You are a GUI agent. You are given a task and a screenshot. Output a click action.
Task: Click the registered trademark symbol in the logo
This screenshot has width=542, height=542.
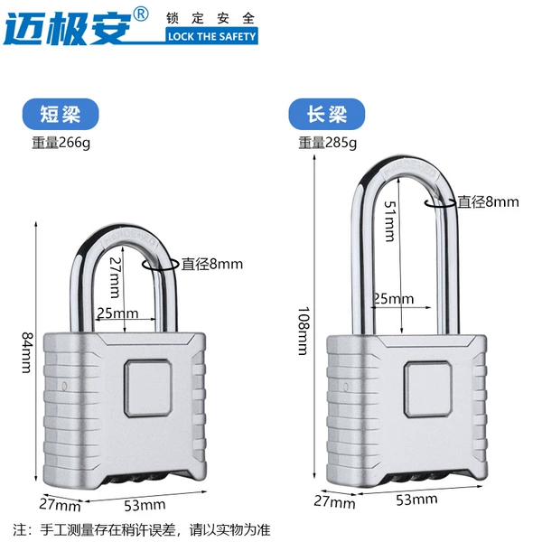tap(141, 14)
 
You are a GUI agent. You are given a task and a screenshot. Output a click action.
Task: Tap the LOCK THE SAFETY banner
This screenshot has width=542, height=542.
tap(211, 36)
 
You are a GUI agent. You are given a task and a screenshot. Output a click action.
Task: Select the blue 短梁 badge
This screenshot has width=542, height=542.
tap(61, 114)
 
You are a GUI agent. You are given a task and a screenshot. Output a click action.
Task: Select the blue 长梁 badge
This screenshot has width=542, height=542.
tap(327, 114)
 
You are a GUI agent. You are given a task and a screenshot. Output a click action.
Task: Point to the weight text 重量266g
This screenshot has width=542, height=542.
tap(61, 143)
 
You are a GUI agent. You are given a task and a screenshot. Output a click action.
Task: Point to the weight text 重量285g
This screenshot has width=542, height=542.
tap(328, 143)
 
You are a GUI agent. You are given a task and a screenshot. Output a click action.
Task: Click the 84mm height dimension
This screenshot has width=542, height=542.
tap(27, 352)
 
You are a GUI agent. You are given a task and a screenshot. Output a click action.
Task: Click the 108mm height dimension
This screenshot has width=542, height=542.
tap(304, 331)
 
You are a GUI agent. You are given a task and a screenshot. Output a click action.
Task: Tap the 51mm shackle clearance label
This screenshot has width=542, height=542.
tap(390, 221)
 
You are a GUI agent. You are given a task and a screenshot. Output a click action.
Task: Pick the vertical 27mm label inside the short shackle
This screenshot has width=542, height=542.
tap(115, 277)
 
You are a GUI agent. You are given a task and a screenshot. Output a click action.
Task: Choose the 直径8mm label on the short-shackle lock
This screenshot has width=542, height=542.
tap(212, 264)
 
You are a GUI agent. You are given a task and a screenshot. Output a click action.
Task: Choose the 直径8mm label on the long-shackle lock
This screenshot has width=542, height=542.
tap(489, 201)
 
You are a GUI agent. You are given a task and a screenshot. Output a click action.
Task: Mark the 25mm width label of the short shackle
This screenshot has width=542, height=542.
tap(117, 313)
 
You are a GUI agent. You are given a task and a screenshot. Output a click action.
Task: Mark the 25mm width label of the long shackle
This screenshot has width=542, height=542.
tap(394, 299)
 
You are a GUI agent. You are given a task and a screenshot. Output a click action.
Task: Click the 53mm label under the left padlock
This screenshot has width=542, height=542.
tap(145, 505)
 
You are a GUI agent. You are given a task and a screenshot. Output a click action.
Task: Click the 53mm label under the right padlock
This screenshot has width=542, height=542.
tap(416, 500)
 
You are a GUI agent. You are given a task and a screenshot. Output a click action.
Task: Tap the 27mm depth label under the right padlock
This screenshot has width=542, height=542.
tap(334, 502)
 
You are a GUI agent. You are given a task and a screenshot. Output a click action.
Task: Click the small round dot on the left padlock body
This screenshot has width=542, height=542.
tap(64, 386)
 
